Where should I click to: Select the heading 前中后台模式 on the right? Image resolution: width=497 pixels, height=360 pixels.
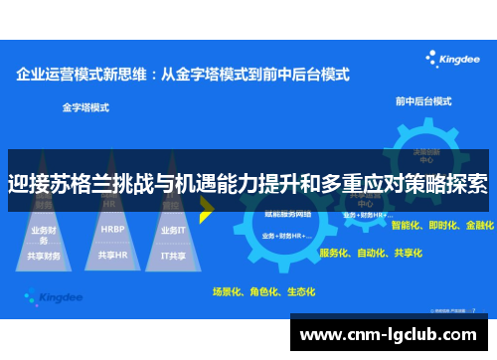[x=423, y=101]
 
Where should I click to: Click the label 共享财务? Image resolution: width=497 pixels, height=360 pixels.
[x=45, y=256]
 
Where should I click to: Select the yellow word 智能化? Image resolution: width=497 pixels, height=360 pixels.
[x=408, y=226]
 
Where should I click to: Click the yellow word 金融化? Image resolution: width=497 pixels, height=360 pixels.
[x=479, y=226]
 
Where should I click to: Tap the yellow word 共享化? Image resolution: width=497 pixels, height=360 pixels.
[x=408, y=253]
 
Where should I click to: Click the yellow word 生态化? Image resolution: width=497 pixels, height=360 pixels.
[x=300, y=291]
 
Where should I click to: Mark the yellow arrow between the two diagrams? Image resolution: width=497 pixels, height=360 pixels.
[x=207, y=207]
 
